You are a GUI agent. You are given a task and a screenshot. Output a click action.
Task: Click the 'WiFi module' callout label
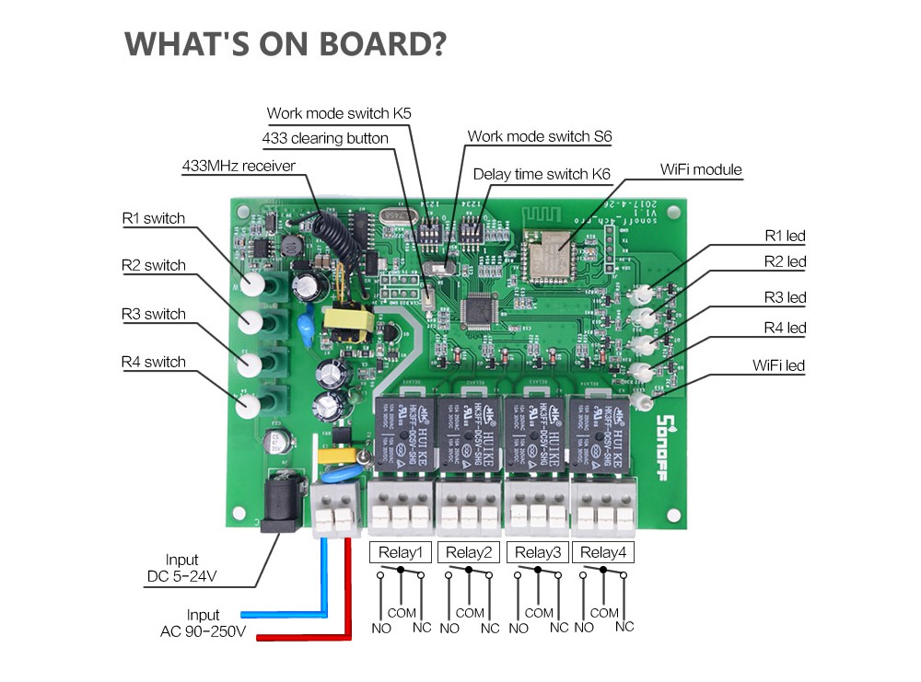[x=700, y=170]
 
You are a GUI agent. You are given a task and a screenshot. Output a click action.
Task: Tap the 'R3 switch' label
[x=153, y=314]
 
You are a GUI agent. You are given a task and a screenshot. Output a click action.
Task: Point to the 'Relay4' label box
[x=602, y=552]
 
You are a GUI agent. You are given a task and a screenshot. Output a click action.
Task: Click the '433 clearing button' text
[x=325, y=138]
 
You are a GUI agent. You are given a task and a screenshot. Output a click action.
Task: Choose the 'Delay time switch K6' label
[x=542, y=174]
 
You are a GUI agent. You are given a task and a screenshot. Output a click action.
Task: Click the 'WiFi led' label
[x=778, y=365]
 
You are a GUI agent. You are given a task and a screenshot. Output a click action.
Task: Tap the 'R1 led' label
[x=785, y=237]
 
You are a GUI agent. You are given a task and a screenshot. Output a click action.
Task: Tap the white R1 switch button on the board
[x=257, y=282]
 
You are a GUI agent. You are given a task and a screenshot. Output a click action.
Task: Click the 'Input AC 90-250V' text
[x=203, y=623]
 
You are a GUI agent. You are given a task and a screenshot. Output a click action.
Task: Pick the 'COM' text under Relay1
[x=402, y=613]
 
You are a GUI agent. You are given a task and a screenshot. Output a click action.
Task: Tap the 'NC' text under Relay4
[x=624, y=628]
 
